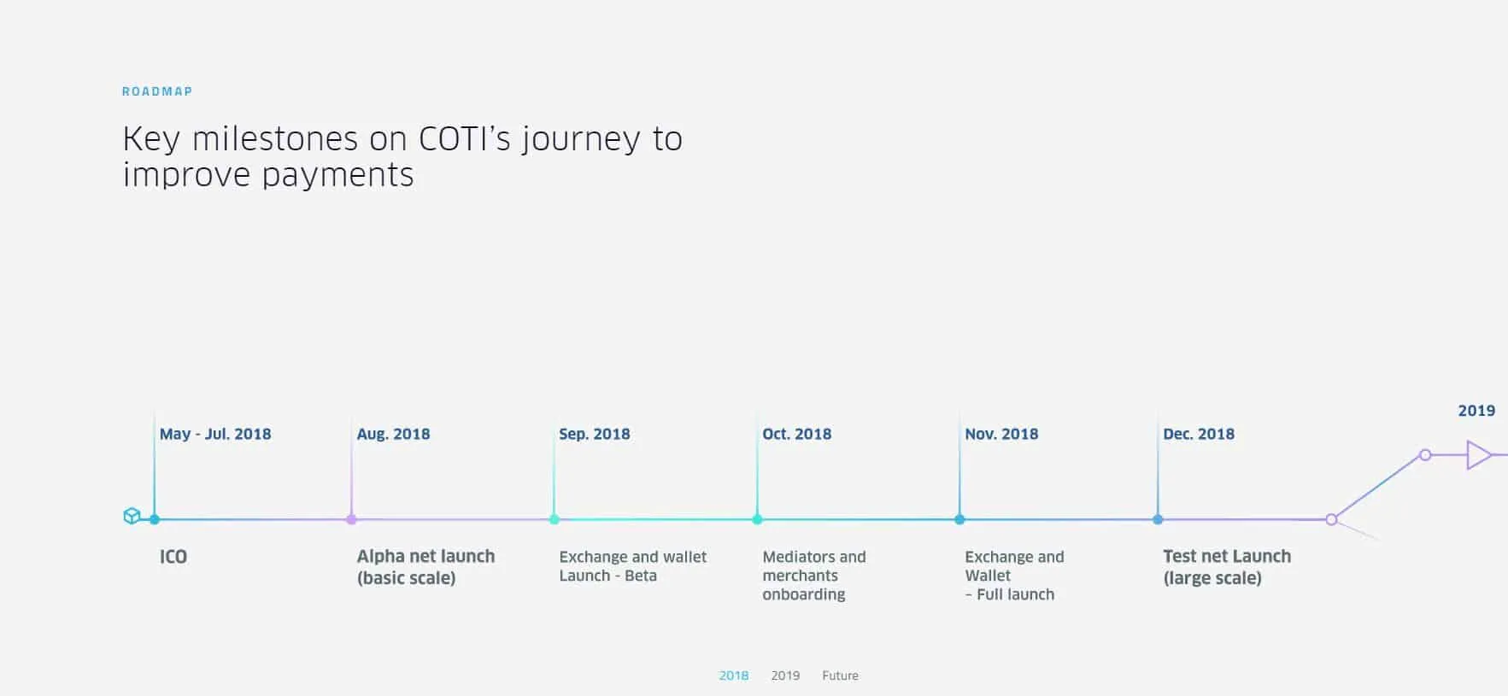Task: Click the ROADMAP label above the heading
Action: [x=157, y=91]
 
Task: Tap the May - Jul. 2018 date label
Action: [x=215, y=434]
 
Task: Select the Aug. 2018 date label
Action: [x=393, y=434]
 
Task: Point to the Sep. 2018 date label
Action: [x=595, y=434]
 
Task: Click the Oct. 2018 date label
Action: [x=796, y=434]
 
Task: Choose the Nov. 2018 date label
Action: [x=1001, y=434]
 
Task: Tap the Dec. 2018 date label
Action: [x=1199, y=434]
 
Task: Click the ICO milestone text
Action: [x=173, y=557]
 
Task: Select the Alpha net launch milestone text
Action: [x=425, y=566]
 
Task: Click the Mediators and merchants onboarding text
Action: [x=813, y=576]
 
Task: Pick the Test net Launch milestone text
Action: [x=1226, y=566]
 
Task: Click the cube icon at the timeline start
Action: [x=132, y=516]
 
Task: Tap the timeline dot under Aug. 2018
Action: [x=351, y=519]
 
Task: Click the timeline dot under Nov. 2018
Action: [x=959, y=519]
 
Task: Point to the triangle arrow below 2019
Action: [x=1478, y=455]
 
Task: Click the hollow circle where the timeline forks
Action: [x=1331, y=519]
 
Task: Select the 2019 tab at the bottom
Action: [x=785, y=676]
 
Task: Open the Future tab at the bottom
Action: [x=840, y=676]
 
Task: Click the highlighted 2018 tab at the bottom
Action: [x=733, y=676]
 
